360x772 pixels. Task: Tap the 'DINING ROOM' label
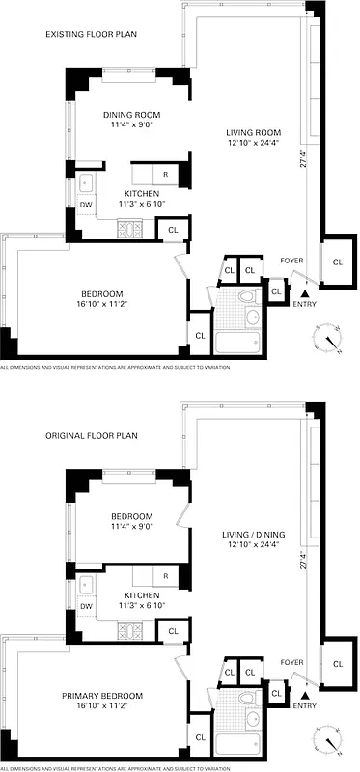coord(132,115)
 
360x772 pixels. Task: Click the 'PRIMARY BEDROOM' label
coord(102,696)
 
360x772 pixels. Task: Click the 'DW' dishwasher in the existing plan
coord(86,205)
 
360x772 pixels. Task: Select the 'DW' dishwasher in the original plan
coord(86,606)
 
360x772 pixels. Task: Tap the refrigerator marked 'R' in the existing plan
coord(165,174)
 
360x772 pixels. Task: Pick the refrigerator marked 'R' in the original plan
coord(165,576)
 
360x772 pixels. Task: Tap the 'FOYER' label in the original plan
coord(291,662)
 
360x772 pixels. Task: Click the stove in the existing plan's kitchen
coord(128,230)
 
